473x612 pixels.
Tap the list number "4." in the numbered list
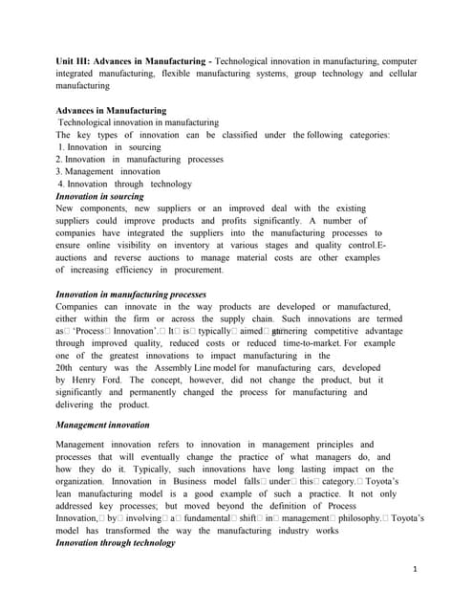pos(61,184)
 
